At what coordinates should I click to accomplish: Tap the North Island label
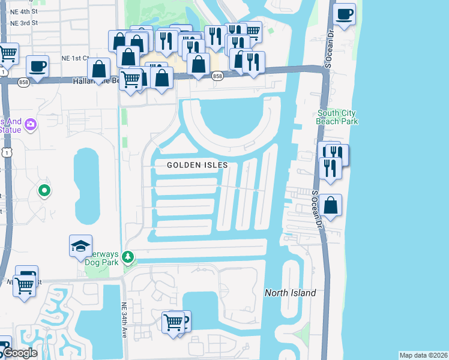point(291,293)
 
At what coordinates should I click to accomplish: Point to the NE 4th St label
point(24,11)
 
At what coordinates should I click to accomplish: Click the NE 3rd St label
point(24,23)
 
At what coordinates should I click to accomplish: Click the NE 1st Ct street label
point(75,58)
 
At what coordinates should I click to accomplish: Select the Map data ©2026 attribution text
point(424,355)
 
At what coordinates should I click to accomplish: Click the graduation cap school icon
point(80,245)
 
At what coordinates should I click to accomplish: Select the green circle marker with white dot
point(44,191)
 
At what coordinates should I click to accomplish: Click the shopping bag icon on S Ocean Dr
point(330,205)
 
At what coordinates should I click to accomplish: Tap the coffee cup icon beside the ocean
point(344,14)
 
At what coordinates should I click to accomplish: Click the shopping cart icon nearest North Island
point(173,322)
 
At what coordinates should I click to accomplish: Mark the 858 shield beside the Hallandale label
point(23,82)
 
